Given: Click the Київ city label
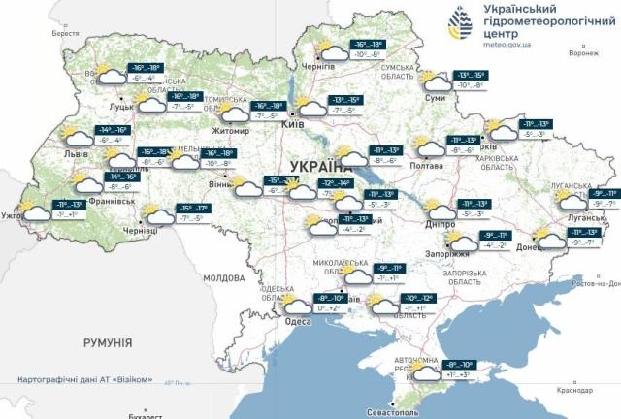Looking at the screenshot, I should click(293, 126).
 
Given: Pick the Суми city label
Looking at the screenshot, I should click(436, 98).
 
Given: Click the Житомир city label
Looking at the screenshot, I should click(232, 130).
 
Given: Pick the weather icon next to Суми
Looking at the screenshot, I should click(428, 79).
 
